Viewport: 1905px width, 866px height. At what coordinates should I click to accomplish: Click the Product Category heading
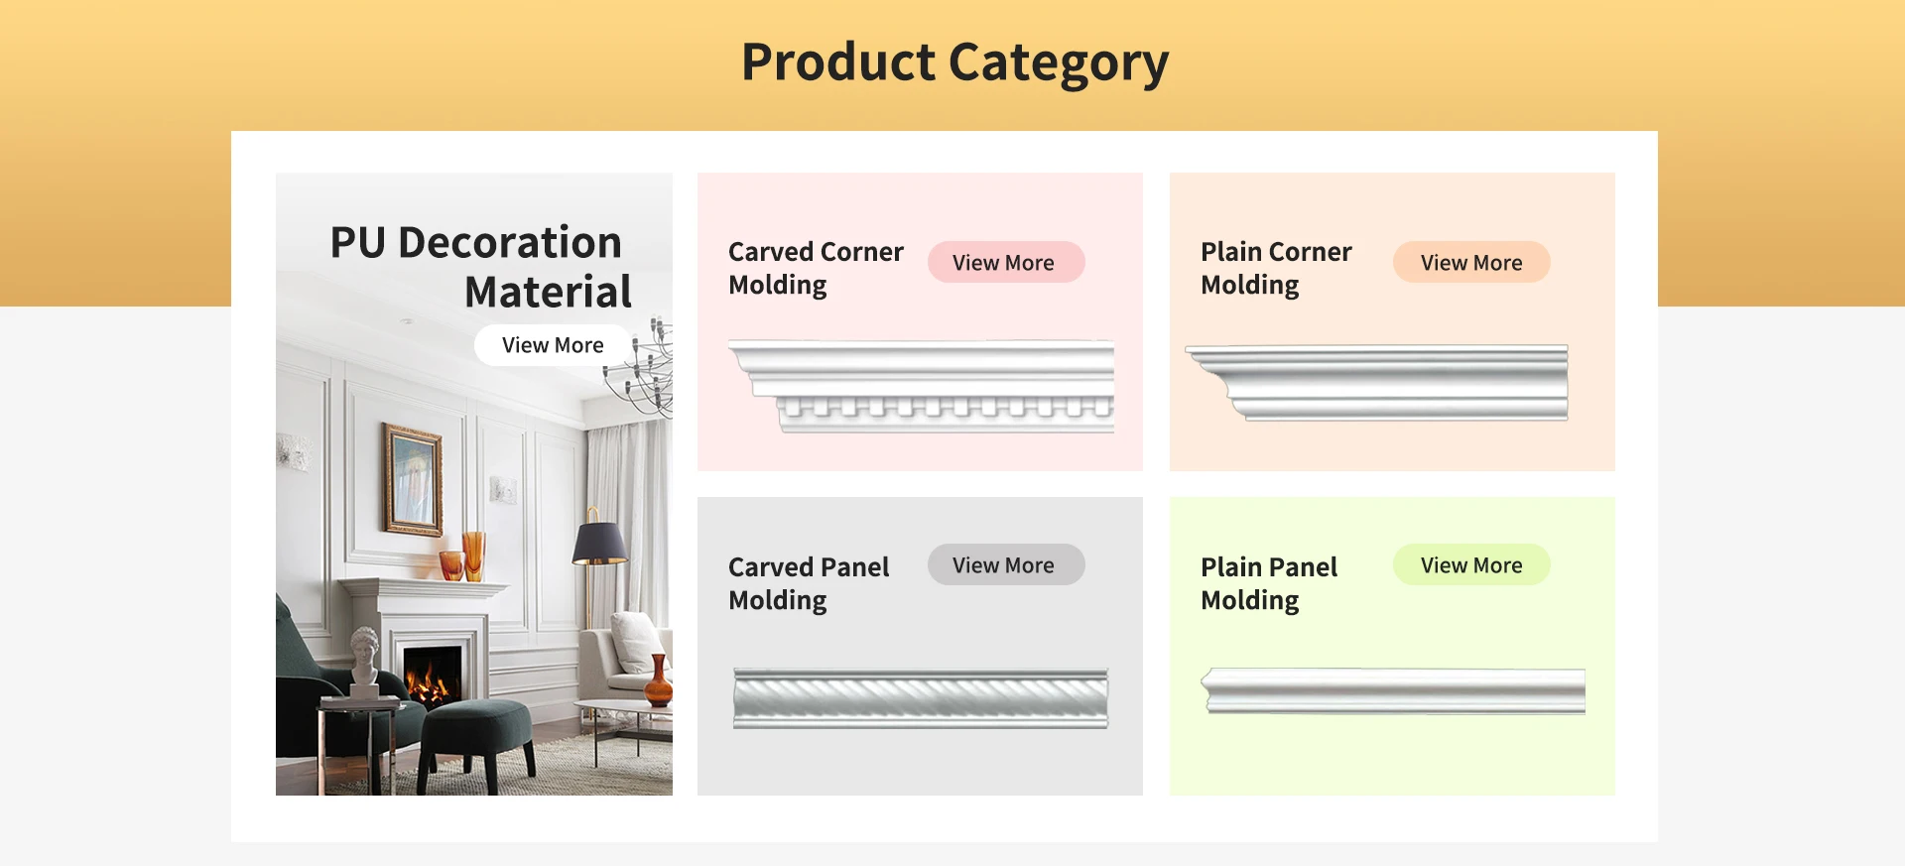pyautogui.click(x=954, y=62)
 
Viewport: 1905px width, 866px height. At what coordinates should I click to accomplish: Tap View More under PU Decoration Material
pyautogui.click(x=553, y=345)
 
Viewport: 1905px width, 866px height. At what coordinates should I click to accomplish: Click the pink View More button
pyautogui.click(x=1004, y=263)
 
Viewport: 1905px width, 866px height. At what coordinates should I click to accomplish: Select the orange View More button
pyautogui.click(x=1470, y=263)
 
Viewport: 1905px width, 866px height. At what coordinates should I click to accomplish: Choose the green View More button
pyautogui.click(x=1470, y=565)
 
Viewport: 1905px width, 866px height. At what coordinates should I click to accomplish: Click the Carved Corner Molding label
pyautogui.click(x=816, y=268)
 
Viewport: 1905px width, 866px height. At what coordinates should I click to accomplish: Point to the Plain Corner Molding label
pyautogui.click(x=1275, y=268)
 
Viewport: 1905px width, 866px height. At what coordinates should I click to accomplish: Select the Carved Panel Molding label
pyautogui.click(x=809, y=583)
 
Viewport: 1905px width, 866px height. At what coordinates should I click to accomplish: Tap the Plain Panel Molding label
pyautogui.click(x=1269, y=583)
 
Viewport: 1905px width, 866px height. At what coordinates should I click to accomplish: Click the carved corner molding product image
pyautogui.click(x=923, y=386)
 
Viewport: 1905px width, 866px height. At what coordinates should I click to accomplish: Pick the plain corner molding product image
pyautogui.click(x=1379, y=382)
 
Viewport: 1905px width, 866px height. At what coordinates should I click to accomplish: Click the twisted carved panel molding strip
pyautogui.click(x=920, y=698)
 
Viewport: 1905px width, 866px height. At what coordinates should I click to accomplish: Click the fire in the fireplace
pyautogui.click(x=431, y=681)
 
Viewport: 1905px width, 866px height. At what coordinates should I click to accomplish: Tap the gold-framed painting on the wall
pyautogui.click(x=412, y=478)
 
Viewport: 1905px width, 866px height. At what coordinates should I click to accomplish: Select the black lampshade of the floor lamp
pyautogui.click(x=599, y=544)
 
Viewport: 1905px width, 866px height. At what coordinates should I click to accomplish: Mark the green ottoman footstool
pyautogui.click(x=476, y=734)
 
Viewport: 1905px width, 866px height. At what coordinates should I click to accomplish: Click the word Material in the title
pyautogui.click(x=548, y=293)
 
